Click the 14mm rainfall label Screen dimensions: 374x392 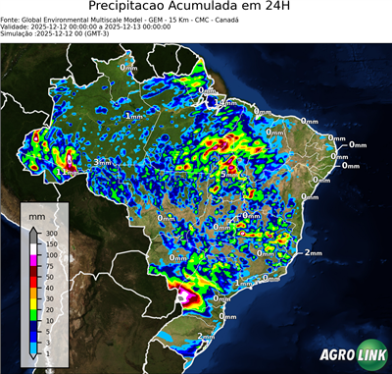(225, 103)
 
